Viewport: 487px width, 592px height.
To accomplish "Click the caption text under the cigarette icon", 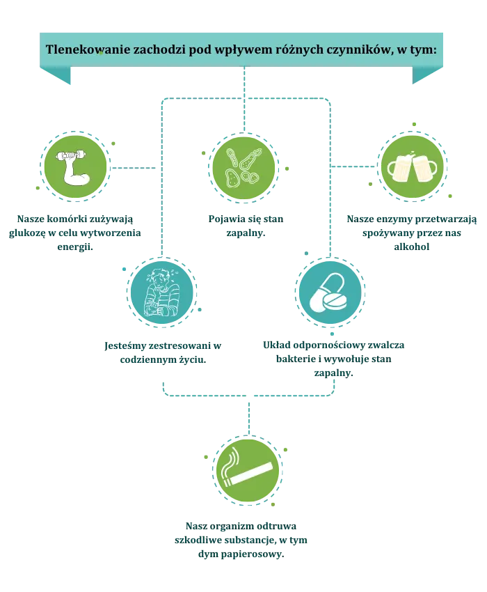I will click(x=241, y=540).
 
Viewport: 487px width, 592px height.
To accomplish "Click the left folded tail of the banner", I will click(x=56, y=77).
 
